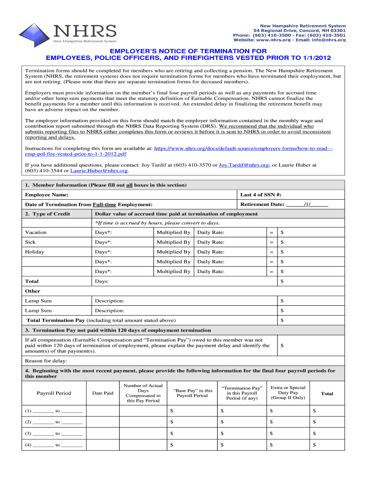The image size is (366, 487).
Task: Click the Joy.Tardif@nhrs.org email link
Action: coord(244,165)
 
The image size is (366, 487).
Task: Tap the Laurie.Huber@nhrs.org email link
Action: coord(99,170)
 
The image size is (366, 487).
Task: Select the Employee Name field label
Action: coord(47,195)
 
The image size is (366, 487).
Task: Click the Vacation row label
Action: coord(36,233)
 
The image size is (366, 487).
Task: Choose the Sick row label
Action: coord(30,242)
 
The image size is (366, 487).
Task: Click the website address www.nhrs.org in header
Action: coord(269,40)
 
